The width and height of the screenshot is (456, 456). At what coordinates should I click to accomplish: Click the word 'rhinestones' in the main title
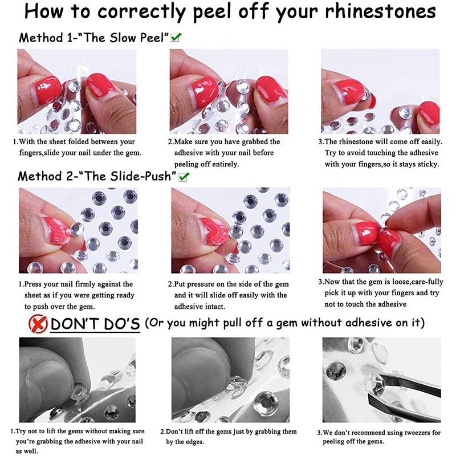tap(380, 11)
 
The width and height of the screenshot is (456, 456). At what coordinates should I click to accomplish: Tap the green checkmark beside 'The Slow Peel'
tap(176, 38)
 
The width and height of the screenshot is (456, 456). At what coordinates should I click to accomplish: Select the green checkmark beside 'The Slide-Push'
tap(184, 177)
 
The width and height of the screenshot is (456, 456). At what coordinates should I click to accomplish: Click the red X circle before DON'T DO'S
tap(38, 324)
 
